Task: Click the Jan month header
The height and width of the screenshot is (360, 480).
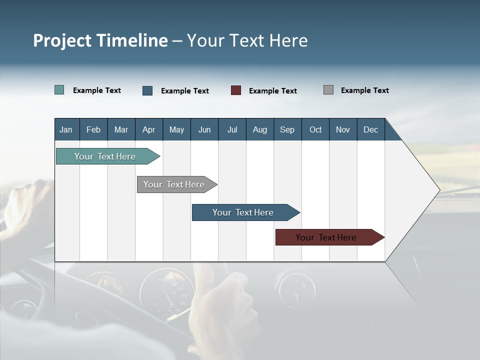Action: tap(66, 129)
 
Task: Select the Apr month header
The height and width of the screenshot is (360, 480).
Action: tap(149, 129)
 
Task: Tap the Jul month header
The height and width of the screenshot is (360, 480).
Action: tap(232, 129)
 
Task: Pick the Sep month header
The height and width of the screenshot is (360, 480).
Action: tap(287, 129)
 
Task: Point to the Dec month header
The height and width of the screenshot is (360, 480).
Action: tap(370, 129)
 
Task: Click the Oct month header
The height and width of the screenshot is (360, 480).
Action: tap(315, 129)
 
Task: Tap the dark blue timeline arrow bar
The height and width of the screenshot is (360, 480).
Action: tap(243, 212)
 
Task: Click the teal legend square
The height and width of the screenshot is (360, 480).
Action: tap(59, 90)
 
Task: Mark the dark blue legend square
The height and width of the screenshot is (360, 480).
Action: tap(147, 90)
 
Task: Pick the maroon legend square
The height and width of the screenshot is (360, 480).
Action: tap(236, 90)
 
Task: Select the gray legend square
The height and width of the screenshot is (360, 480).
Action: tap(328, 90)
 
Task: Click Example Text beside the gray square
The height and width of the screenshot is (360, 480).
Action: tap(364, 90)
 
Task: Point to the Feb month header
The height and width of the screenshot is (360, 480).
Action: tap(93, 129)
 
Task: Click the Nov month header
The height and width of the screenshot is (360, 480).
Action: tap(343, 129)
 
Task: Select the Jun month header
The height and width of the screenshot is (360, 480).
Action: tap(204, 129)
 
